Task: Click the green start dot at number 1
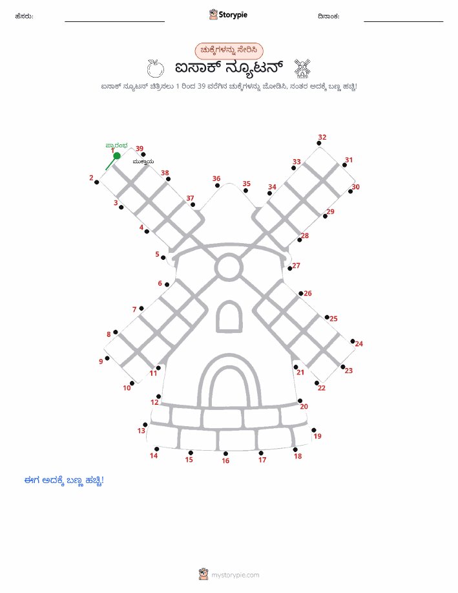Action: click(x=117, y=156)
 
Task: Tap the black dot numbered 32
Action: click(x=319, y=144)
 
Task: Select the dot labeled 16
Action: click(x=225, y=454)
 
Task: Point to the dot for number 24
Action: click(x=353, y=341)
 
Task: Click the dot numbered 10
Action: click(x=132, y=383)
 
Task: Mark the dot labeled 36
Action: click(x=217, y=186)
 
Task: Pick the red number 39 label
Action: click(x=140, y=149)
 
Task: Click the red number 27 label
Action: click(x=297, y=266)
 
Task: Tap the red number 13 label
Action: click(x=141, y=431)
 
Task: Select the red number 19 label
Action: click(x=317, y=436)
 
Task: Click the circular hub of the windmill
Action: click(x=229, y=267)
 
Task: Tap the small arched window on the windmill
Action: click(x=229, y=317)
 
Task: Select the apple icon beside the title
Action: click(x=155, y=69)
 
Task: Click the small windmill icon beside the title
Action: click(x=302, y=68)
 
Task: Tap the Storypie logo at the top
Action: click(x=228, y=15)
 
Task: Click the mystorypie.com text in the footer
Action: click(x=235, y=576)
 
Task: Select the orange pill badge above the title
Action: click(x=229, y=50)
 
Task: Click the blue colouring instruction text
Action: click(x=64, y=480)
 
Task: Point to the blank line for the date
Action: click(x=403, y=21)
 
